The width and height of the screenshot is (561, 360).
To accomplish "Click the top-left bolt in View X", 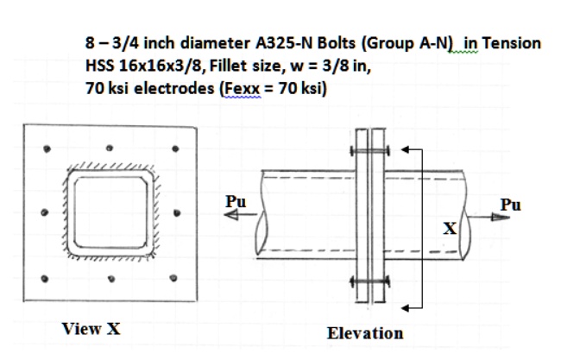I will (44, 147).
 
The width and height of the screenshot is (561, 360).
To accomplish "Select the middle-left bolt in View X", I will (43, 213).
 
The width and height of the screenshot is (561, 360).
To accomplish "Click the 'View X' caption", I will (91, 327).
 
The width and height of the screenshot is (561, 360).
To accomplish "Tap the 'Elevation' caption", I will (365, 332).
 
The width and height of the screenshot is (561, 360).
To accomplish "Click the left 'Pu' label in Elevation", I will (235, 200).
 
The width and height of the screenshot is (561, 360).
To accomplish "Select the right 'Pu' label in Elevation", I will (511, 205).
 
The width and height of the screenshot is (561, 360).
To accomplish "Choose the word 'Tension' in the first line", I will (511, 43).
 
